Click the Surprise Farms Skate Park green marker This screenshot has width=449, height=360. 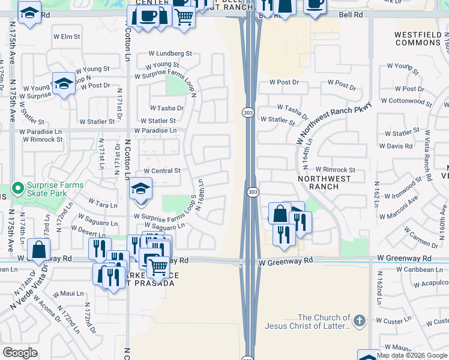(18, 189)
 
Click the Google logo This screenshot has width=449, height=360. (20, 353)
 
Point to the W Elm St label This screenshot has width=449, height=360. (67, 37)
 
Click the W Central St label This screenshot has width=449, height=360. (158, 171)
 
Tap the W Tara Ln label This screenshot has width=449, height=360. (103, 205)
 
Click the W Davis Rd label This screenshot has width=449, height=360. (396, 146)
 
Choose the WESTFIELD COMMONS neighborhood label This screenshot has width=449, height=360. (418, 38)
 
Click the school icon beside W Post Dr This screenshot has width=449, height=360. (63, 83)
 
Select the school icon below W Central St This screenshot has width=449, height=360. (140, 189)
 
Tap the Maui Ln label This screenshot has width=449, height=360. (71, 293)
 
